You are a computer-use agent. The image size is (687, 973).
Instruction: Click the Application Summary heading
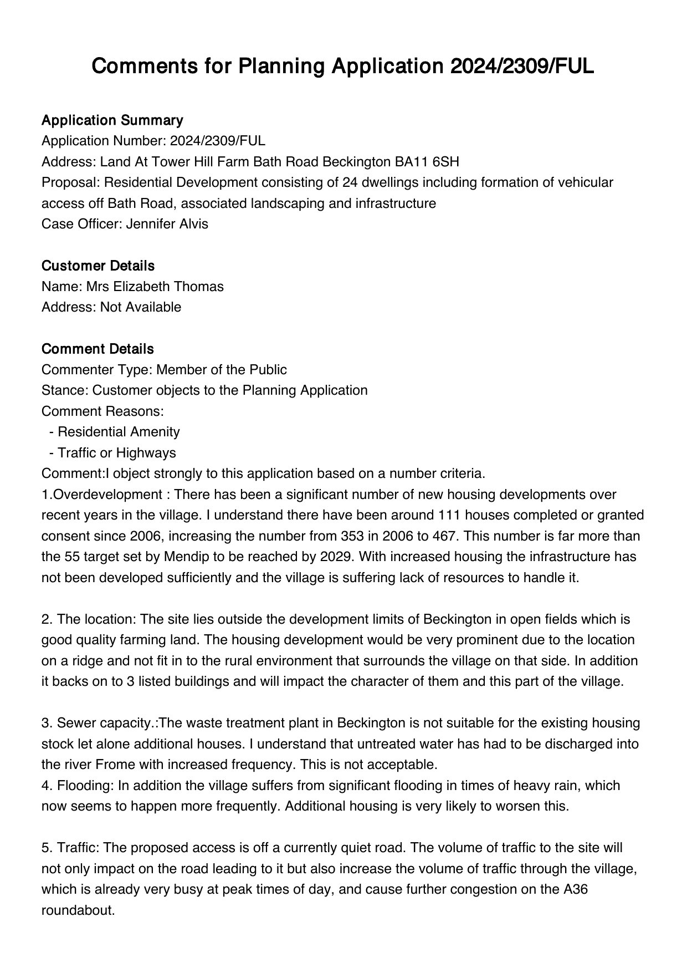[112, 120]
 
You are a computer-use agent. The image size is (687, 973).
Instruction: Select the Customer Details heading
[98, 266]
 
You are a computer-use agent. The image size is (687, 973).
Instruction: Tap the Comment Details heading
[98, 349]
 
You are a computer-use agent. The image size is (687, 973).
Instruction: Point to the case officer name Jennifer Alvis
[167, 224]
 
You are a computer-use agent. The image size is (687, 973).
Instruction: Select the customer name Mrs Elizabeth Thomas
[155, 287]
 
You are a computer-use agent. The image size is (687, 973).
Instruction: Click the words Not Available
[141, 307]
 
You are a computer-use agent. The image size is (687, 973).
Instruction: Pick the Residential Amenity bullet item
[119, 432]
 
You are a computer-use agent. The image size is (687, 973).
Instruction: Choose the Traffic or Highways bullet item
[116, 453]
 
